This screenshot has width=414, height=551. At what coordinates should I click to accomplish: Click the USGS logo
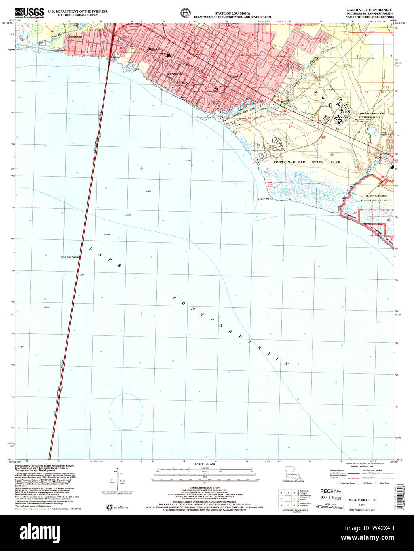29,13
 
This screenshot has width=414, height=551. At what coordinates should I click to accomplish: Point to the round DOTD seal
185,12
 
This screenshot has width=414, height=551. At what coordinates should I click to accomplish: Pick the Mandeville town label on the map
173,74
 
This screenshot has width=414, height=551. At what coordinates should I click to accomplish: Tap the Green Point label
265,199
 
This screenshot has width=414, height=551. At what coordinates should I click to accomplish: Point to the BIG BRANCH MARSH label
376,196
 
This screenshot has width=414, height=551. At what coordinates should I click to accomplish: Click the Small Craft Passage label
70,257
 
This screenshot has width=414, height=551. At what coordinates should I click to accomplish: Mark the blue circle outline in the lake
126,411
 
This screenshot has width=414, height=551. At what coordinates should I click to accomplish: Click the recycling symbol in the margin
109,506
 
